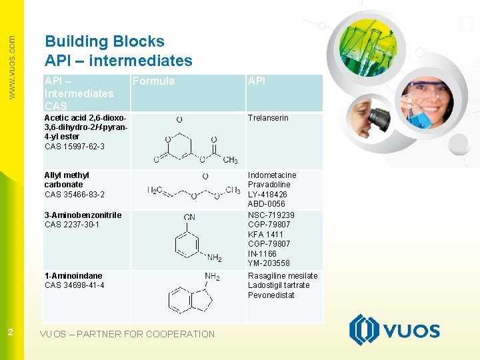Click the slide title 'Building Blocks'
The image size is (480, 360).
[x=105, y=41]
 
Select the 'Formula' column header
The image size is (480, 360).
[x=153, y=81]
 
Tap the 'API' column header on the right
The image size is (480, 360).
[x=257, y=81]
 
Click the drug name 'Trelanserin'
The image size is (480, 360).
[x=268, y=118]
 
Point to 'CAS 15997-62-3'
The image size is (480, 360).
[x=74, y=146]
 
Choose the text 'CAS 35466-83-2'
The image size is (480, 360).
[x=74, y=194]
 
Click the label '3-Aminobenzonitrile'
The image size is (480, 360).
[x=83, y=215]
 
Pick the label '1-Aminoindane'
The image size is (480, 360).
[x=73, y=276]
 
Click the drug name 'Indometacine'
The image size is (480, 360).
[x=272, y=175]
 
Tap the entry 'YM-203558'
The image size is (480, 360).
[x=269, y=263]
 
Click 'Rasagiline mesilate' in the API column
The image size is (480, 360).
[x=283, y=276]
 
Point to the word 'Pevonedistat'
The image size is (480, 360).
[x=271, y=295]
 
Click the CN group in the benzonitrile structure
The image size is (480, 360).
[x=189, y=217]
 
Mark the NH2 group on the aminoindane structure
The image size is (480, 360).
[x=212, y=277]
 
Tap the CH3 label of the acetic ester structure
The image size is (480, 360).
[x=230, y=160]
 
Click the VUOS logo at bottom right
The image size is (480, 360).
[x=394, y=330]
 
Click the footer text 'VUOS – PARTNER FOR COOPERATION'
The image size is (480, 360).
[x=127, y=334]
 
